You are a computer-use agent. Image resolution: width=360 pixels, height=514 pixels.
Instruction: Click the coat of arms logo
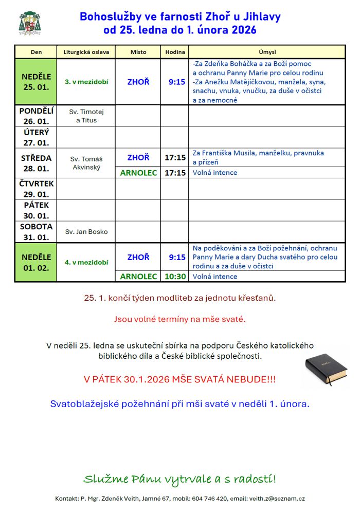pos(30,23)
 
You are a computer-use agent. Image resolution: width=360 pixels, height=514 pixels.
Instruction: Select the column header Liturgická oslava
pos(86,52)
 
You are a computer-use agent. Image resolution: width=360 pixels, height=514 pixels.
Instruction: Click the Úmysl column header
pos(267,52)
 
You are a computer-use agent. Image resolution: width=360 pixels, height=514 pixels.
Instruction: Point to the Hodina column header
pos(175,52)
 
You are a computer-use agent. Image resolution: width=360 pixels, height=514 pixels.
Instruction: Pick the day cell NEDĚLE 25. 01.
pos(36,82)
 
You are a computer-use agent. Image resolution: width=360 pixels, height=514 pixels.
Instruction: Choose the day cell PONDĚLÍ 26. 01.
pos(36,116)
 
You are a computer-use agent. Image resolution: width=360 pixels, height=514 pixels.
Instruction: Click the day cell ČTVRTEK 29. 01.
pos(36,189)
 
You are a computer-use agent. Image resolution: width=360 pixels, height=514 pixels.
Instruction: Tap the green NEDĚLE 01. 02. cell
pos(36,262)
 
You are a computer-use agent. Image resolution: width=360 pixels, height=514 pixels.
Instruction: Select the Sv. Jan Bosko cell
pos(86,232)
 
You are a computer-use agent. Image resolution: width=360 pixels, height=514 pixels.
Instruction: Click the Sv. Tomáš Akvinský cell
pos(86,163)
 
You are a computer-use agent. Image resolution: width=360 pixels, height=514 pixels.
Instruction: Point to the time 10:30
pos(175,277)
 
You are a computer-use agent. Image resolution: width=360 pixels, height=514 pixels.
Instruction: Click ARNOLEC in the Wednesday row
pos(138,173)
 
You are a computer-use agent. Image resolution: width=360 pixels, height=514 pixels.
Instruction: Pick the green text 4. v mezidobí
pos(86,262)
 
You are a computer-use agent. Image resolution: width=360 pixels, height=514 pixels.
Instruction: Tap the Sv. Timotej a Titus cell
pos(86,116)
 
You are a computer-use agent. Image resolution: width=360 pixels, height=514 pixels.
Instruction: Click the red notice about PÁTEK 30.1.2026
pos(179,379)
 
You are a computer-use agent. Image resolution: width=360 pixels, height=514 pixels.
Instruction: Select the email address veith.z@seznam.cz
pos(282,499)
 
